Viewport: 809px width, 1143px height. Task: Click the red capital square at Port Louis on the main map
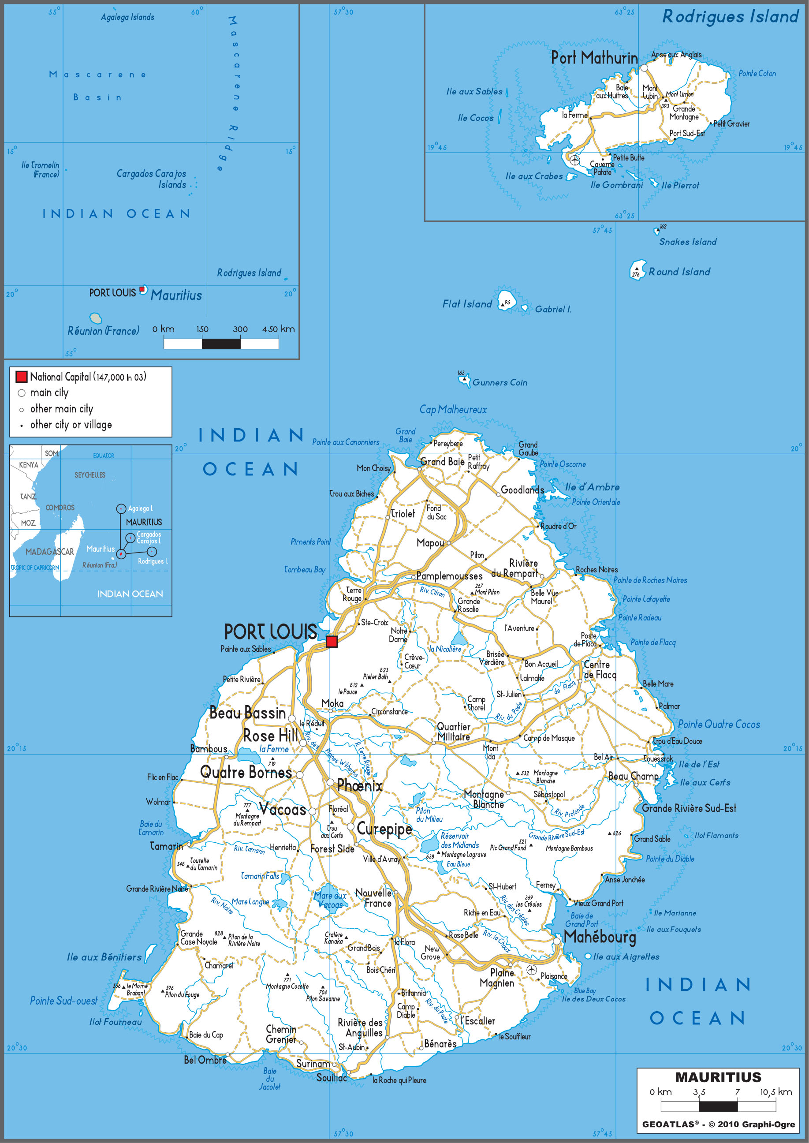click(331, 641)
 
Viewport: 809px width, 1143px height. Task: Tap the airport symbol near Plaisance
click(532, 970)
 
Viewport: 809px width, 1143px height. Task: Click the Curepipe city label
click(384, 829)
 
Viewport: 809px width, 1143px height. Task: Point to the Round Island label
click(679, 272)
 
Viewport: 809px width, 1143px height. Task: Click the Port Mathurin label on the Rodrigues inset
click(594, 58)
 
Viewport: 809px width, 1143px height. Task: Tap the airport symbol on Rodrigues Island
click(575, 160)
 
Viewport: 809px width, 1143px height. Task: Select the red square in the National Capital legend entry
click(22, 377)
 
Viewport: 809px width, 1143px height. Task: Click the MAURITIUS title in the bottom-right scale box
click(718, 1077)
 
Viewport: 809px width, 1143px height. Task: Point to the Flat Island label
click(467, 304)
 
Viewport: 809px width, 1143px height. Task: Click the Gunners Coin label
click(500, 383)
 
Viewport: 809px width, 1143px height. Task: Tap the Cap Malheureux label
click(453, 410)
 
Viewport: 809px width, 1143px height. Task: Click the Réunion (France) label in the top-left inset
click(103, 331)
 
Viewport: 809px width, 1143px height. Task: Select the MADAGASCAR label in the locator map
click(49, 552)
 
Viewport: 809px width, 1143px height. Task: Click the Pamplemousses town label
click(449, 576)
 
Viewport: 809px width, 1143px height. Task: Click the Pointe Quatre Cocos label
click(718, 725)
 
